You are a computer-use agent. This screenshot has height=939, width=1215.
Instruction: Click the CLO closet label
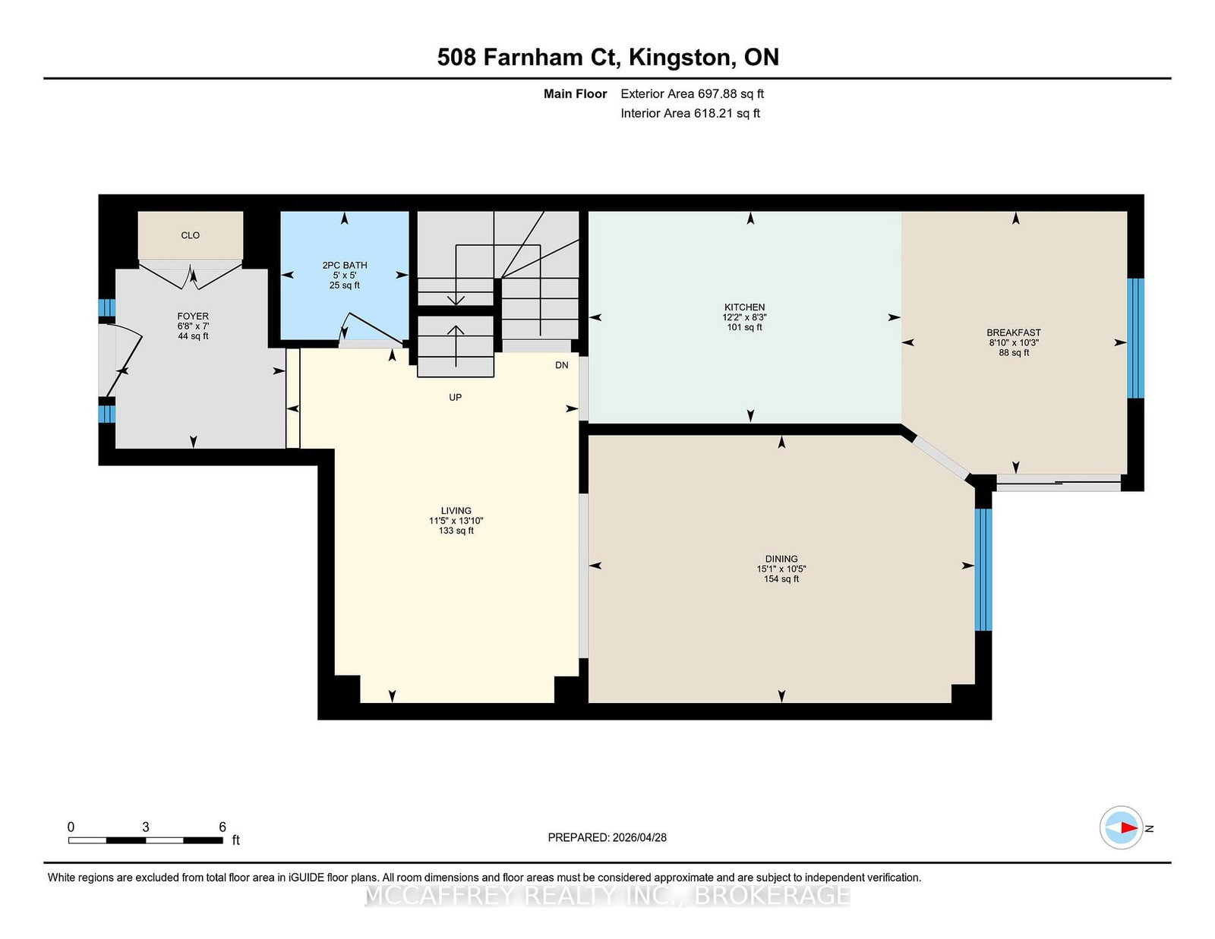coord(190,235)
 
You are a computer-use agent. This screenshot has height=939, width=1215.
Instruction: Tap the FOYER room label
coord(193,317)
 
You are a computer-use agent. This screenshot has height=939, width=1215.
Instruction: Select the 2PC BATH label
coord(345,265)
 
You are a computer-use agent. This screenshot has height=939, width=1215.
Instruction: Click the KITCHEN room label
coord(744,307)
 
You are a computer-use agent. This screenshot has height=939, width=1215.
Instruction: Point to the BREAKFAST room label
coord(1014,332)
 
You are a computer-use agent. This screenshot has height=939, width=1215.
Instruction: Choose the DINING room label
coord(781,559)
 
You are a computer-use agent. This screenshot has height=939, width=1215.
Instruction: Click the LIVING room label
coord(456,510)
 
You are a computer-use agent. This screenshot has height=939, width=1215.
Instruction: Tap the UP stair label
coord(455,398)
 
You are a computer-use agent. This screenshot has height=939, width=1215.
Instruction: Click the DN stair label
coord(561,365)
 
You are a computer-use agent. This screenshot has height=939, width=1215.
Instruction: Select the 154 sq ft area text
coord(781,578)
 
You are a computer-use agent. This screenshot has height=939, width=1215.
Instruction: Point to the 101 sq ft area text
coord(744,327)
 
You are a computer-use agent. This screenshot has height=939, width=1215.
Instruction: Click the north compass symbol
coord(1121,827)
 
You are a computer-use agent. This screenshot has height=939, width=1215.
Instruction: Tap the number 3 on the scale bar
coord(145,827)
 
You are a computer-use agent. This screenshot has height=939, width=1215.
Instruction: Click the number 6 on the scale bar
coord(222,827)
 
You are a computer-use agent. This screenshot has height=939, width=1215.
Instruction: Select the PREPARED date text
coord(607,837)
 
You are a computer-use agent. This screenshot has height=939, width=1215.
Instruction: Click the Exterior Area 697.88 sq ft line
coord(692,94)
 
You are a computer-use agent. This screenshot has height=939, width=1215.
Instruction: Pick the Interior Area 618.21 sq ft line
coord(690,113)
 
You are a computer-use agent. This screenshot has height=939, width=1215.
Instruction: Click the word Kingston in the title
coord(680,58)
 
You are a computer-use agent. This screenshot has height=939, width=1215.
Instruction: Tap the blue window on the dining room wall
coord(983,569)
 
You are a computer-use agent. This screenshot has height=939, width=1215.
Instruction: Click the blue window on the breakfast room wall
coord(1135,338)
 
